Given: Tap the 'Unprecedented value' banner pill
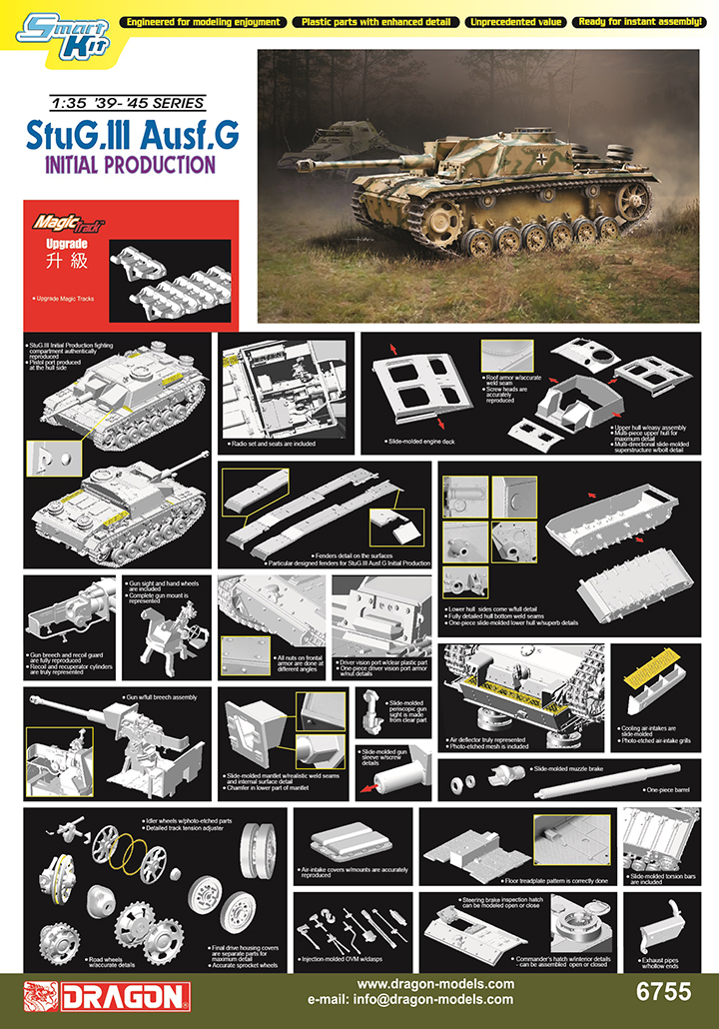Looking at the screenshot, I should [x=516, y=21].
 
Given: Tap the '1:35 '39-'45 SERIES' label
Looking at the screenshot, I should [x=127, y=103].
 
